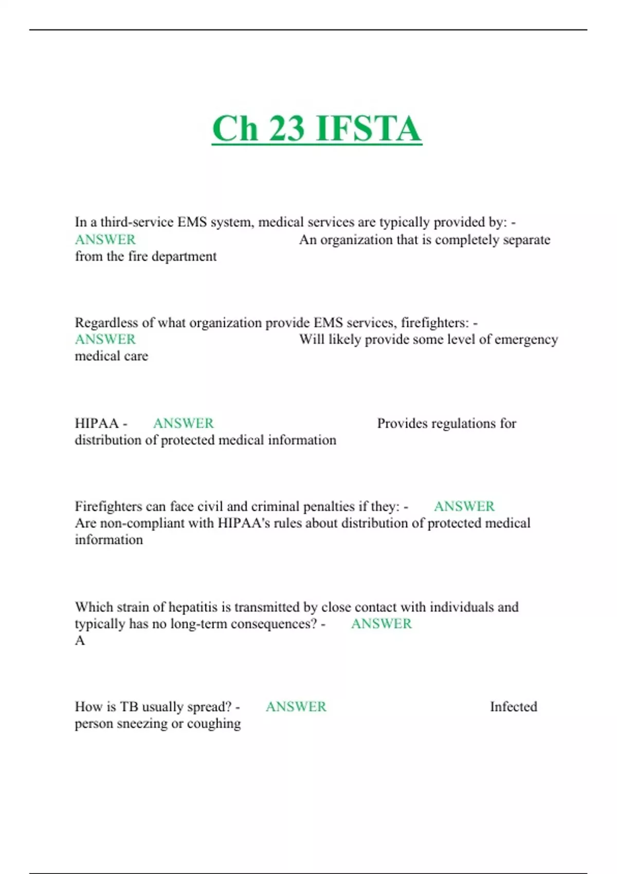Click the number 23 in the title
click(286, 129)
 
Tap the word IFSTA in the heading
click(368, 129)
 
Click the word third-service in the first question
click(137, 222)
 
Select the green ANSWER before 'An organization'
click(105, 240)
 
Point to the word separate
click(527, 240)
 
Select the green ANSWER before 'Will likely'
click(105, 339)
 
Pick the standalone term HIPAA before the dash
click(97, 423)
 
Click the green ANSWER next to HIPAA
click(184, 423)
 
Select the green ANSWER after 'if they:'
click(464, 506)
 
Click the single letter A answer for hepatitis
click(80, 641)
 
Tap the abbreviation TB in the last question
click(129, 707)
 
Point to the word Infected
click(513, 707)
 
